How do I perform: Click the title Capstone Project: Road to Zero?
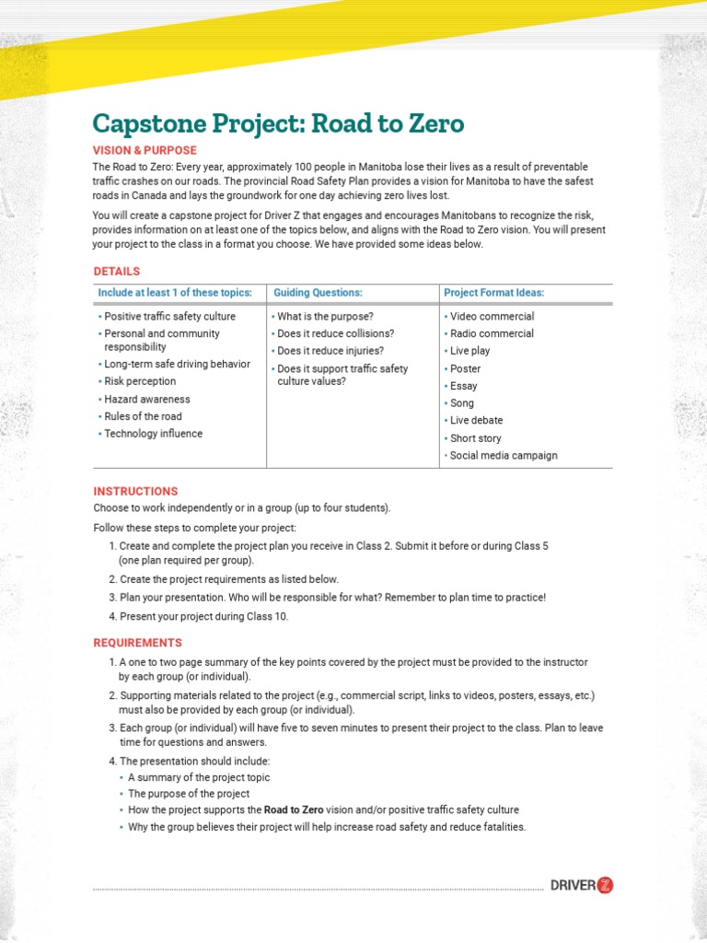click(x=278, y=124)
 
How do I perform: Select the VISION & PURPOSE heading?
click(x=145, y=150)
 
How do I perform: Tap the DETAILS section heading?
click(x=117, y=272)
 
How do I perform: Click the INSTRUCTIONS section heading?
click(x=135, y=492)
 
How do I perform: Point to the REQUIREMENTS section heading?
click(x=137, y=643)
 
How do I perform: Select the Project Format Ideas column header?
click(x=493, y=293)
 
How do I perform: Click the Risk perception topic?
click(x=140, y=381)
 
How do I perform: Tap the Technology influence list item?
click(x=153, y=434)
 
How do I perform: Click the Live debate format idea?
click(x=476, y=420)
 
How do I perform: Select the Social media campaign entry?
click(x=504, y=455)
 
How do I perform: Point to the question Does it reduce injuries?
click(x=330, y=351)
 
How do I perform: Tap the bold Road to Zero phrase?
click(x=294, y=810)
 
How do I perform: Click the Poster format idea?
click(x=465, y=368)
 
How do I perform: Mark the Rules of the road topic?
click(x=143, y=416)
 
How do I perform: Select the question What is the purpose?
click(x=325, y=316)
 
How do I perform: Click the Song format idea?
click(x=462, y=402)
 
